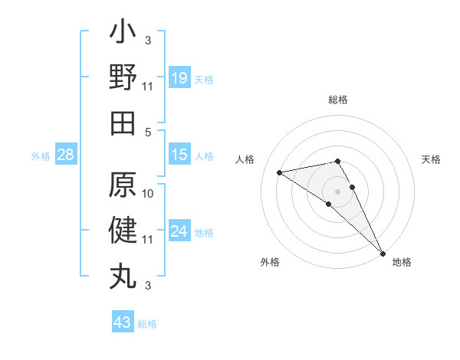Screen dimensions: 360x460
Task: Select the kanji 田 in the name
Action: [123, 123]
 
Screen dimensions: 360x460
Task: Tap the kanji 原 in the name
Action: [123, 186]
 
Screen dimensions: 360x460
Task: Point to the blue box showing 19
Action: [179, 77]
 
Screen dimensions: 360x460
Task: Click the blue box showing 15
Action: [179, 155]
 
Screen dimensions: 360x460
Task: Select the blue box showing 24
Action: [179, 231]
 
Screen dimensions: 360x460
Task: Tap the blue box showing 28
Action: [66, 155]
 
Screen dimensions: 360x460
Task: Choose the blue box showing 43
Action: [122, 322]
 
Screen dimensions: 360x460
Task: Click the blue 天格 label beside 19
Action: [204, 79]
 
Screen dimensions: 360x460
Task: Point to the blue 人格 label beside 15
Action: [204, 156]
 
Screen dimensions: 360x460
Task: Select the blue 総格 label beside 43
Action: [147, 324]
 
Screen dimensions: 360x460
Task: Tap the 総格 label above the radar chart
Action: [338, 100]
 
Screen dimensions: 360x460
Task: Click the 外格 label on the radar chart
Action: [270, 262]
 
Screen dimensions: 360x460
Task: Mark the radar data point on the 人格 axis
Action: [279, 172]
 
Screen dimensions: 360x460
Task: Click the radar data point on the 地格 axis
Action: [382, 252]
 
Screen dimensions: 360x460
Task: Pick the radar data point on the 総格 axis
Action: [337, 161]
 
